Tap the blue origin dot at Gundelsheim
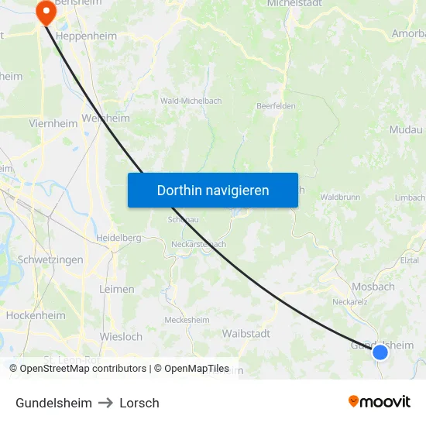[380, 352]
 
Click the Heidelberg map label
[118, 237]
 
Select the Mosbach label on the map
[373, 287]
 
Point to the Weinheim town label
[105, 119]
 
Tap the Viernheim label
[53, 123]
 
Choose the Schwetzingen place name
[50, 260]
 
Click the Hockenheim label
[35, 315]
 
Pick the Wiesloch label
[121, 336]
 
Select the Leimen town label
[117, 289]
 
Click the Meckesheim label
[187, 320]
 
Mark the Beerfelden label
[276, 106]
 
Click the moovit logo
[379, 402]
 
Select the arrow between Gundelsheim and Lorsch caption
[105, 403]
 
